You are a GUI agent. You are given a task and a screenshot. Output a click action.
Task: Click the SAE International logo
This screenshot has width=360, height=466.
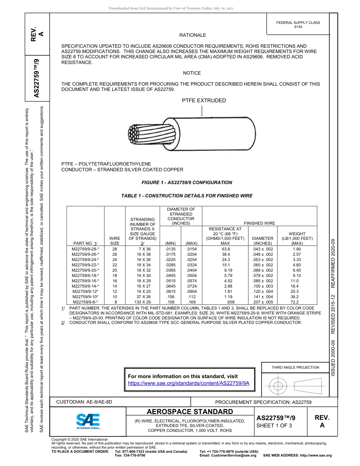(88, 421)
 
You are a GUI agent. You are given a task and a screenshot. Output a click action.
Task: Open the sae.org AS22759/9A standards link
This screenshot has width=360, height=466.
(188, 383)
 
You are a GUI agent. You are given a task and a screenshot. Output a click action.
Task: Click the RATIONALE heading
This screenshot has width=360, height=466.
(193, 35)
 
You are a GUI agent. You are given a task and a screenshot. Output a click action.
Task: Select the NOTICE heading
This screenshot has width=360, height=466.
(192, 73)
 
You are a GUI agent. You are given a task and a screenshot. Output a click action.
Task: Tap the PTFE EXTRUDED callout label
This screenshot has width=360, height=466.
(204, 100)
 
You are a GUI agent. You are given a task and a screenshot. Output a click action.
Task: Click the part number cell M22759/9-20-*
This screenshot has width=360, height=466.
(85, 270)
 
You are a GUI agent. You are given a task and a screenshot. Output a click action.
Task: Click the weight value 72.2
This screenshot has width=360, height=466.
(294, 302)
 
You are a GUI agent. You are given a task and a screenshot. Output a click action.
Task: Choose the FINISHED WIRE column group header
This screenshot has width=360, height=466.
(259, 224)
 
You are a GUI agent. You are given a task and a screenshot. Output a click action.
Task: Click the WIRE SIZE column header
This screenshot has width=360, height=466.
(115, 241)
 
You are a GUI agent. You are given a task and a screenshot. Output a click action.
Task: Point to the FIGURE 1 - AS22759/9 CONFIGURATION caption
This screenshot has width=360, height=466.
(187, 183)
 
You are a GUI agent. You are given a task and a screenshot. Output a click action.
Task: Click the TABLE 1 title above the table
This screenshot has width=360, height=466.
(187, 196)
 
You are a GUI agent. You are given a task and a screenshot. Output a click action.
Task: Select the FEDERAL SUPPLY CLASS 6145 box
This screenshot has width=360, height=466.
(298, 25)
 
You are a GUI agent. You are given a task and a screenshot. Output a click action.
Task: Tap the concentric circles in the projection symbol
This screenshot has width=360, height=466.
(279, 386)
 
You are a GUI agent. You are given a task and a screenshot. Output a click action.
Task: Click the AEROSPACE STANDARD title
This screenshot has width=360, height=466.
(190, 412)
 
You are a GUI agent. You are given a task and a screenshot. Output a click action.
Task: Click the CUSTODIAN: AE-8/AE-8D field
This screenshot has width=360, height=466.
(84, 402)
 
